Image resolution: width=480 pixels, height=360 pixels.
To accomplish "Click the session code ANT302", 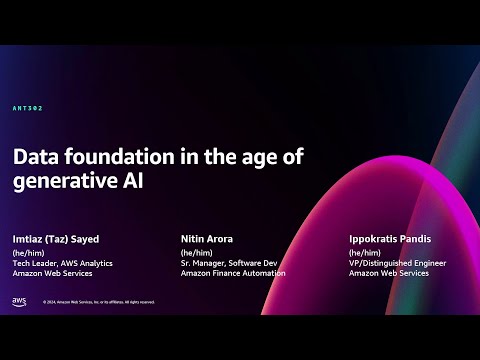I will tap(28, 108).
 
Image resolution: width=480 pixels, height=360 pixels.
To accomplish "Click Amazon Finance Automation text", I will tap(232, 273).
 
